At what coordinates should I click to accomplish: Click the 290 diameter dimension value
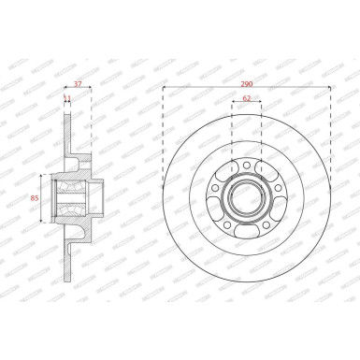tap(246, 83)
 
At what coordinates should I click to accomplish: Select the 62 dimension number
tap(246, 96)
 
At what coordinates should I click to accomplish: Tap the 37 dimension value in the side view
tap(78, 83)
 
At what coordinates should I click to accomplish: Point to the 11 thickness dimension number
tap(66, 97)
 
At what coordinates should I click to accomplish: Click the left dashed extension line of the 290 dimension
tap(163, 131)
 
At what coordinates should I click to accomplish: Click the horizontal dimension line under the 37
tap(78, 89)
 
